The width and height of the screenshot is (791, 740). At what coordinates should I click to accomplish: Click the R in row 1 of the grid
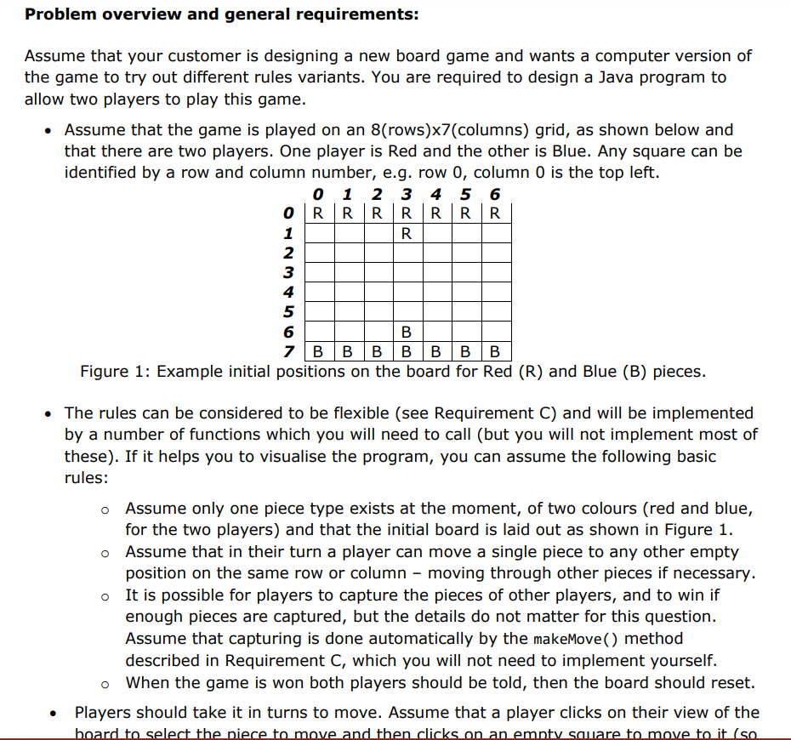406,232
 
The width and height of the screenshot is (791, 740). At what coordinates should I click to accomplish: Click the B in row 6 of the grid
406,332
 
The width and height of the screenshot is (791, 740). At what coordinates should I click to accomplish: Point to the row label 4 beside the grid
287,292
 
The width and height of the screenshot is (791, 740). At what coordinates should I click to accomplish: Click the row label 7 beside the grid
289,351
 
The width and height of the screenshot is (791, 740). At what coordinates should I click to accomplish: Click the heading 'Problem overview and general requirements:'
222,15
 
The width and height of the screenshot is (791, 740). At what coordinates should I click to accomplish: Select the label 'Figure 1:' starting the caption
114,372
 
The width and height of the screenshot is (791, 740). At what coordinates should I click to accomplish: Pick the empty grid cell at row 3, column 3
406,272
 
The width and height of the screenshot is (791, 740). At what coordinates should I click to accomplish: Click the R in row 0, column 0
317,213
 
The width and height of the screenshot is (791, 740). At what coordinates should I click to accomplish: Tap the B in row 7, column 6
495,351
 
